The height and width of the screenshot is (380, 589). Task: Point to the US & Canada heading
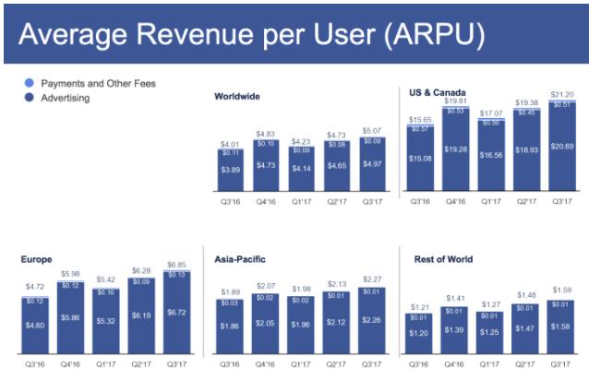tap(439, 91)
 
